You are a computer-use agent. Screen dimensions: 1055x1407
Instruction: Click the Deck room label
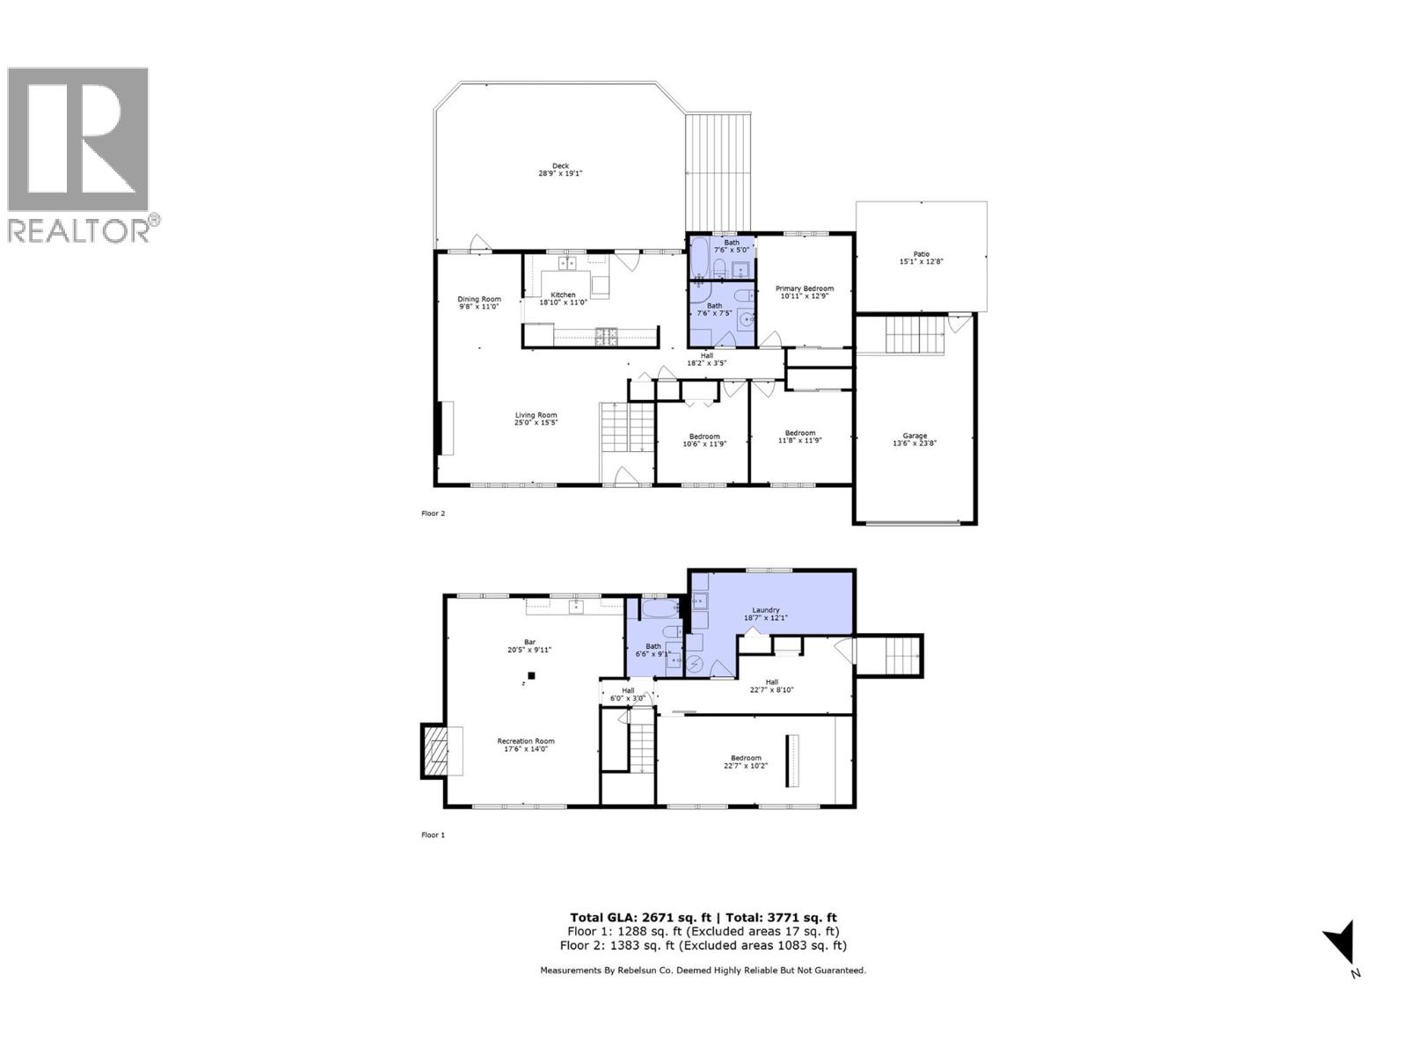[x=560, y=170]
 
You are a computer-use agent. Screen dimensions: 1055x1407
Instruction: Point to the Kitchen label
[x=563, y=298]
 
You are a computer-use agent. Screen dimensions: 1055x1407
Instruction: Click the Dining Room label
[x=478, y=302]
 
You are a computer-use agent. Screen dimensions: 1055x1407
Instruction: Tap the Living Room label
[x=536, y=419]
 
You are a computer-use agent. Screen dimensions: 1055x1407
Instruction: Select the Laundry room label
[x=766, y=614]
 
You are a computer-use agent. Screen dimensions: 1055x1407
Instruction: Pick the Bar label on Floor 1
[x=529, y=645]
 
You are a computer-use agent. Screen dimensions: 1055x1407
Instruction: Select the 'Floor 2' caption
[x=433, y=513]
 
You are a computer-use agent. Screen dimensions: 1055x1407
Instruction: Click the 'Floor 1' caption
[x=433, y=835]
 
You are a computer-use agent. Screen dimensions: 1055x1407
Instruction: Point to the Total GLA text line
[x=703, y=917]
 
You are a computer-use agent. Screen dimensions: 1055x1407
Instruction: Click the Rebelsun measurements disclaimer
[x=703, y=971]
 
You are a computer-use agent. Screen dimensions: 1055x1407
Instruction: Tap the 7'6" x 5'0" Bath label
[x=732, y=246]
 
